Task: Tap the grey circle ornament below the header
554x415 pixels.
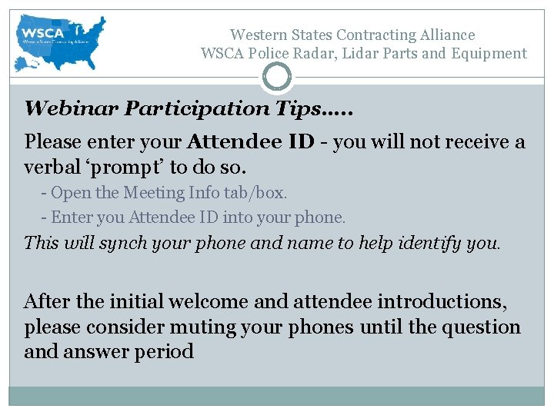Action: (x=277, y=76)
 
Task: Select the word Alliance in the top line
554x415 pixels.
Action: (x=448, y=35)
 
